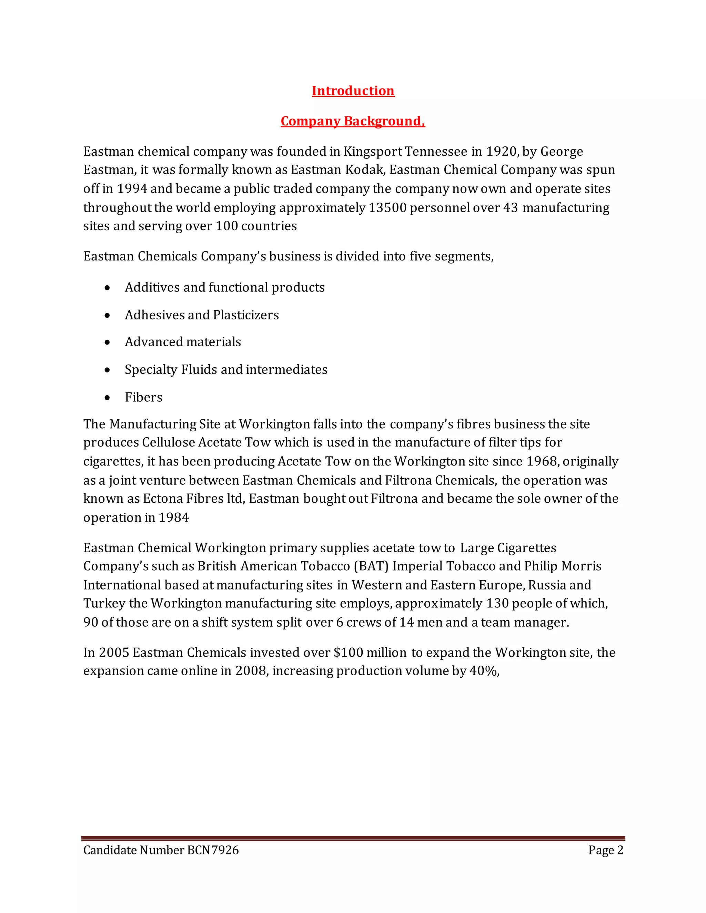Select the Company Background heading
click(x=353, y=121)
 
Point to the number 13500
click(x=387, y=208)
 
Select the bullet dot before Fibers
click(x=108, y=398)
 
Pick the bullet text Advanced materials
click(x=183, y=342)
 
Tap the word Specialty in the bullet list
click(x=151, y=370)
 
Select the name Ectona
click(x=163, y=499)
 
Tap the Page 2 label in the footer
click(x=605, y=850)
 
